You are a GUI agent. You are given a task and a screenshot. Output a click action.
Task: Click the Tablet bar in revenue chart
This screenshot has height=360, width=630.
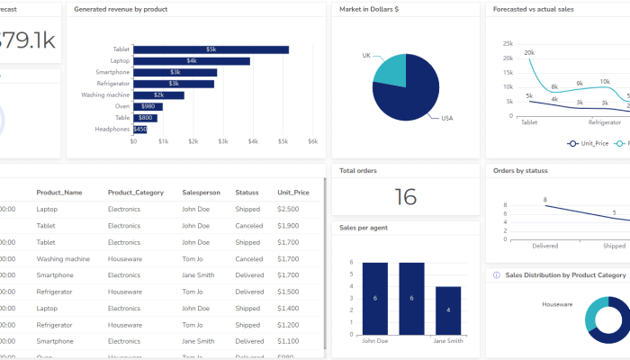(211, 49)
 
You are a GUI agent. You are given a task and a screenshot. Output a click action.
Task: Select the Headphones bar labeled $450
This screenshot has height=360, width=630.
(139, 129)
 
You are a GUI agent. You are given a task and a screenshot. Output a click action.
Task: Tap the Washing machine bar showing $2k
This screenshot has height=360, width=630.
(158, 94)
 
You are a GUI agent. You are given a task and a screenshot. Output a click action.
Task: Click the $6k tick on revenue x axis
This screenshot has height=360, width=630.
(312, 141)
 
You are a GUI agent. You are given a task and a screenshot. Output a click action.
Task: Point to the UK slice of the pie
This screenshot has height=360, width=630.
(391, 70)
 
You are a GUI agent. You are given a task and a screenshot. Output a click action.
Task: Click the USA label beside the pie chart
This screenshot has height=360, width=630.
(447, 118)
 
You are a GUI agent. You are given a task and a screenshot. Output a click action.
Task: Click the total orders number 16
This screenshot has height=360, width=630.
(405, 197)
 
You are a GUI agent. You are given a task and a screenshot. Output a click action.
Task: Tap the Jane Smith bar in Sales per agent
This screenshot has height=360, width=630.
(448, 310)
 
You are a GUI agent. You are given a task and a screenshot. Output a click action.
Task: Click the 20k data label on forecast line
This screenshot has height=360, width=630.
(529, 53)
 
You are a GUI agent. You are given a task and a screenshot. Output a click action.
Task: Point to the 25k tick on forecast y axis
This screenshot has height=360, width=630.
(508, 43)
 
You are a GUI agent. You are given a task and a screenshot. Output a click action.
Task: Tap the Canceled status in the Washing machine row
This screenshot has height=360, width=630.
(248, 259)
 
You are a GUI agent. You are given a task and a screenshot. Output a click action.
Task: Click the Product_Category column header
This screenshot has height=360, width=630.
(134, 193)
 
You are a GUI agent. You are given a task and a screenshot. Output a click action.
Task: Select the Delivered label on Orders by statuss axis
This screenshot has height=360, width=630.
(544, 245)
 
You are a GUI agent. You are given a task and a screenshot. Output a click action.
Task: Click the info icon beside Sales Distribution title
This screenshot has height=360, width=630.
(497, 275)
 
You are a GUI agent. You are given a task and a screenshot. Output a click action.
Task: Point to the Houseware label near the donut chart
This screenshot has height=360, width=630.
(557, 304)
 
